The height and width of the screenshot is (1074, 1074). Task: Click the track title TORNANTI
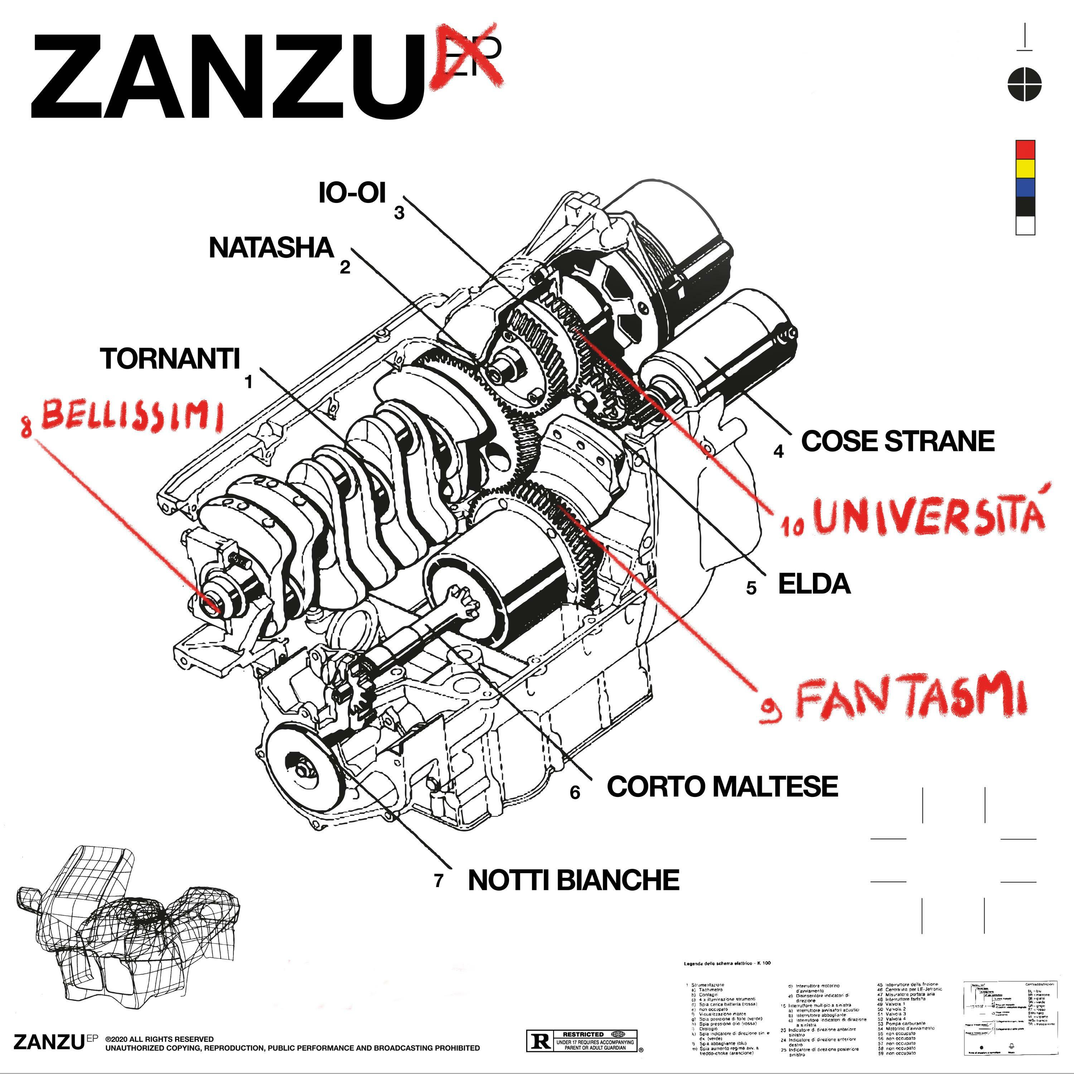(170, 359)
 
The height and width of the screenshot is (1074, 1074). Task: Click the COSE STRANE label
(897, 441)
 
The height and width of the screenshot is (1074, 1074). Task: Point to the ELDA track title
(814, 584)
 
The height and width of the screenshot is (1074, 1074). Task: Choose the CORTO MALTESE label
(722, 787)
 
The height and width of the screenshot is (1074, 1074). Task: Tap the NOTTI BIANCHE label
(574, 880)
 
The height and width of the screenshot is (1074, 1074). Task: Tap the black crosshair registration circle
(1025, 84)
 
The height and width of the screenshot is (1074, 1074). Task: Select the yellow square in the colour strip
(1025, 168)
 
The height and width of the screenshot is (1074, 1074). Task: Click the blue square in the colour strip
(1025, 187)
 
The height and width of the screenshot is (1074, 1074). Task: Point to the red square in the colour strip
(1025, 149)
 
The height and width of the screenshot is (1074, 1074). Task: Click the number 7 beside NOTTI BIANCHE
(439, 881)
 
